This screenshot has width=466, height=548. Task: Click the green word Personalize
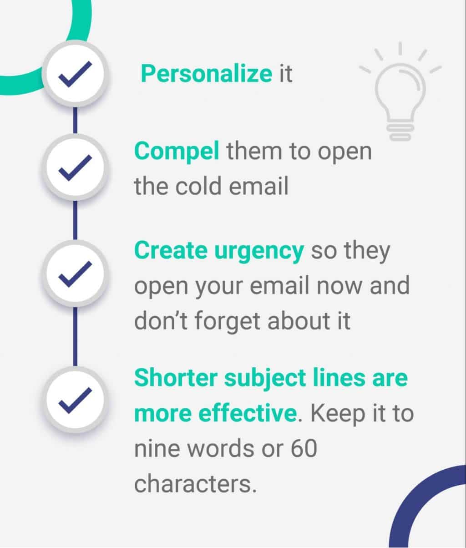point(206,74)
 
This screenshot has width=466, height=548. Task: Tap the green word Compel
point(177,152)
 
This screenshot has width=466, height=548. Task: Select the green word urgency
point(259,251)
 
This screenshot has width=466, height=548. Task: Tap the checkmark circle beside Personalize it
point(75,74)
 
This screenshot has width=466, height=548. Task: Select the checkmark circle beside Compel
point(75,167)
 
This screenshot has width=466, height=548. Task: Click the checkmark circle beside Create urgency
point(75,274)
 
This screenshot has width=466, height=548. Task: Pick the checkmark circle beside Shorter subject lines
point(75,400)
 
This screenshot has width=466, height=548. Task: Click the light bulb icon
point(400,91)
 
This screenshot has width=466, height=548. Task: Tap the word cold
point(198,186)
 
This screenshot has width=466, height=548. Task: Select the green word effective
point(248,413)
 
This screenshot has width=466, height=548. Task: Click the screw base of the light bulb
point(400,132)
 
